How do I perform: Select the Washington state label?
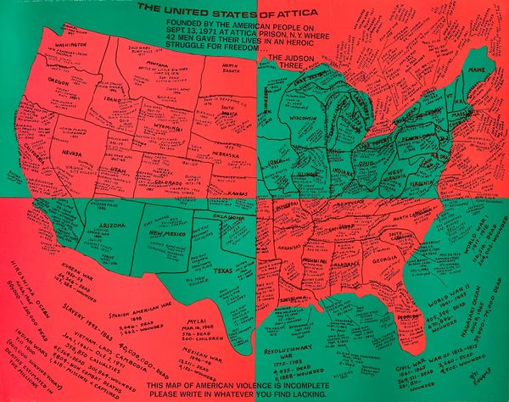pyautogui.click(x=72, y=46)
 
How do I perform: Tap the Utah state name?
pyautogui.click(x=120, y=170)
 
